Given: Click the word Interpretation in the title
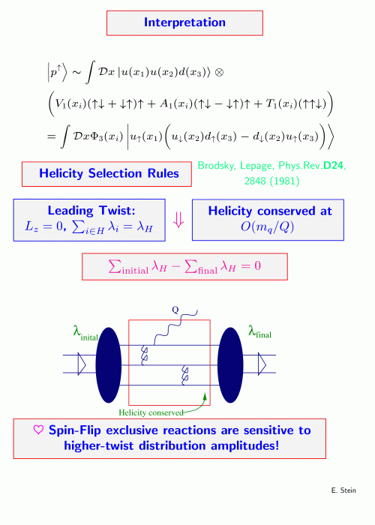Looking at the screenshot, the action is click(184, 22).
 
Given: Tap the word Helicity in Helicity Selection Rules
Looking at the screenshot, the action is click(61, 173).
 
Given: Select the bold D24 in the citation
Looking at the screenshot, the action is click(334, 166).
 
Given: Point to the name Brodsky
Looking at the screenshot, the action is click(217, 166).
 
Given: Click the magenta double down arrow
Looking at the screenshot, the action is click(178, 220).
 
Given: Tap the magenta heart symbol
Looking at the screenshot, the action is click(38, 430).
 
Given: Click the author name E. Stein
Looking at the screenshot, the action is click(343, 490).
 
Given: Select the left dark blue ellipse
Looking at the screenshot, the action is click(109, 365).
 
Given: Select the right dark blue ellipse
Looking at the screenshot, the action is click(230, 365).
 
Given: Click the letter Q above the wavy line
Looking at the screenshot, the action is click(175, 310).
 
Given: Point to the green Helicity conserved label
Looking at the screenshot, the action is click(151, 412).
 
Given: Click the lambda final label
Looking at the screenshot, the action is click(259, 331).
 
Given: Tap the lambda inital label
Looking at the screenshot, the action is click(85, 333).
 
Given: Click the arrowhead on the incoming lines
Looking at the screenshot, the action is click(82, 364).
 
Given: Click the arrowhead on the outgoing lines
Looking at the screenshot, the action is click(262, 364).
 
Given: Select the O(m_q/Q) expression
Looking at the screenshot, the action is click(267, 227).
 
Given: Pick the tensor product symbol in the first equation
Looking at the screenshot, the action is click(219, 72).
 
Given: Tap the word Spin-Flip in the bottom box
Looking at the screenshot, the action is click(75, 430).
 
